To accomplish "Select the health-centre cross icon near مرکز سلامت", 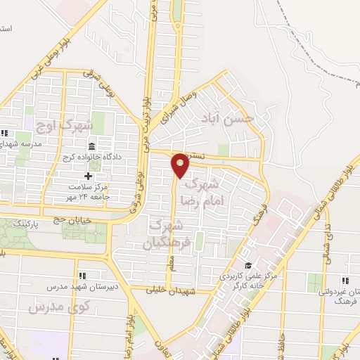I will pyautogui.click(x=88, y=176).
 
